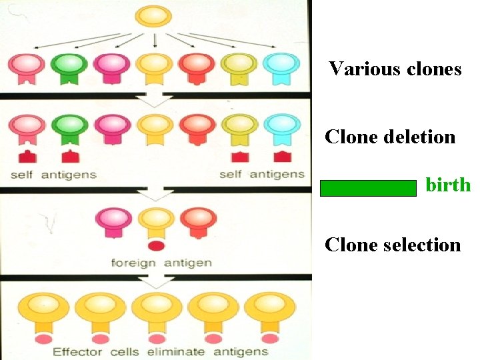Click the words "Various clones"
pyautogui.click(x=395, y=69)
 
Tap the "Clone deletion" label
pyautogui.click(x=390, y=137)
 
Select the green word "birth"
pyautogui.click(x=447, y=185)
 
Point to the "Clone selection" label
pyautogui.click(x=393, y=245)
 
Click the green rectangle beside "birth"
pyautogui.click(x=368, y=188)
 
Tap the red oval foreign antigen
pyautogui.click(x=155, y=246)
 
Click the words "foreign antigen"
pyautogui.click(x=161, y=263)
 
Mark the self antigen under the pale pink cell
pyautogui.click(x=27, y=157)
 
